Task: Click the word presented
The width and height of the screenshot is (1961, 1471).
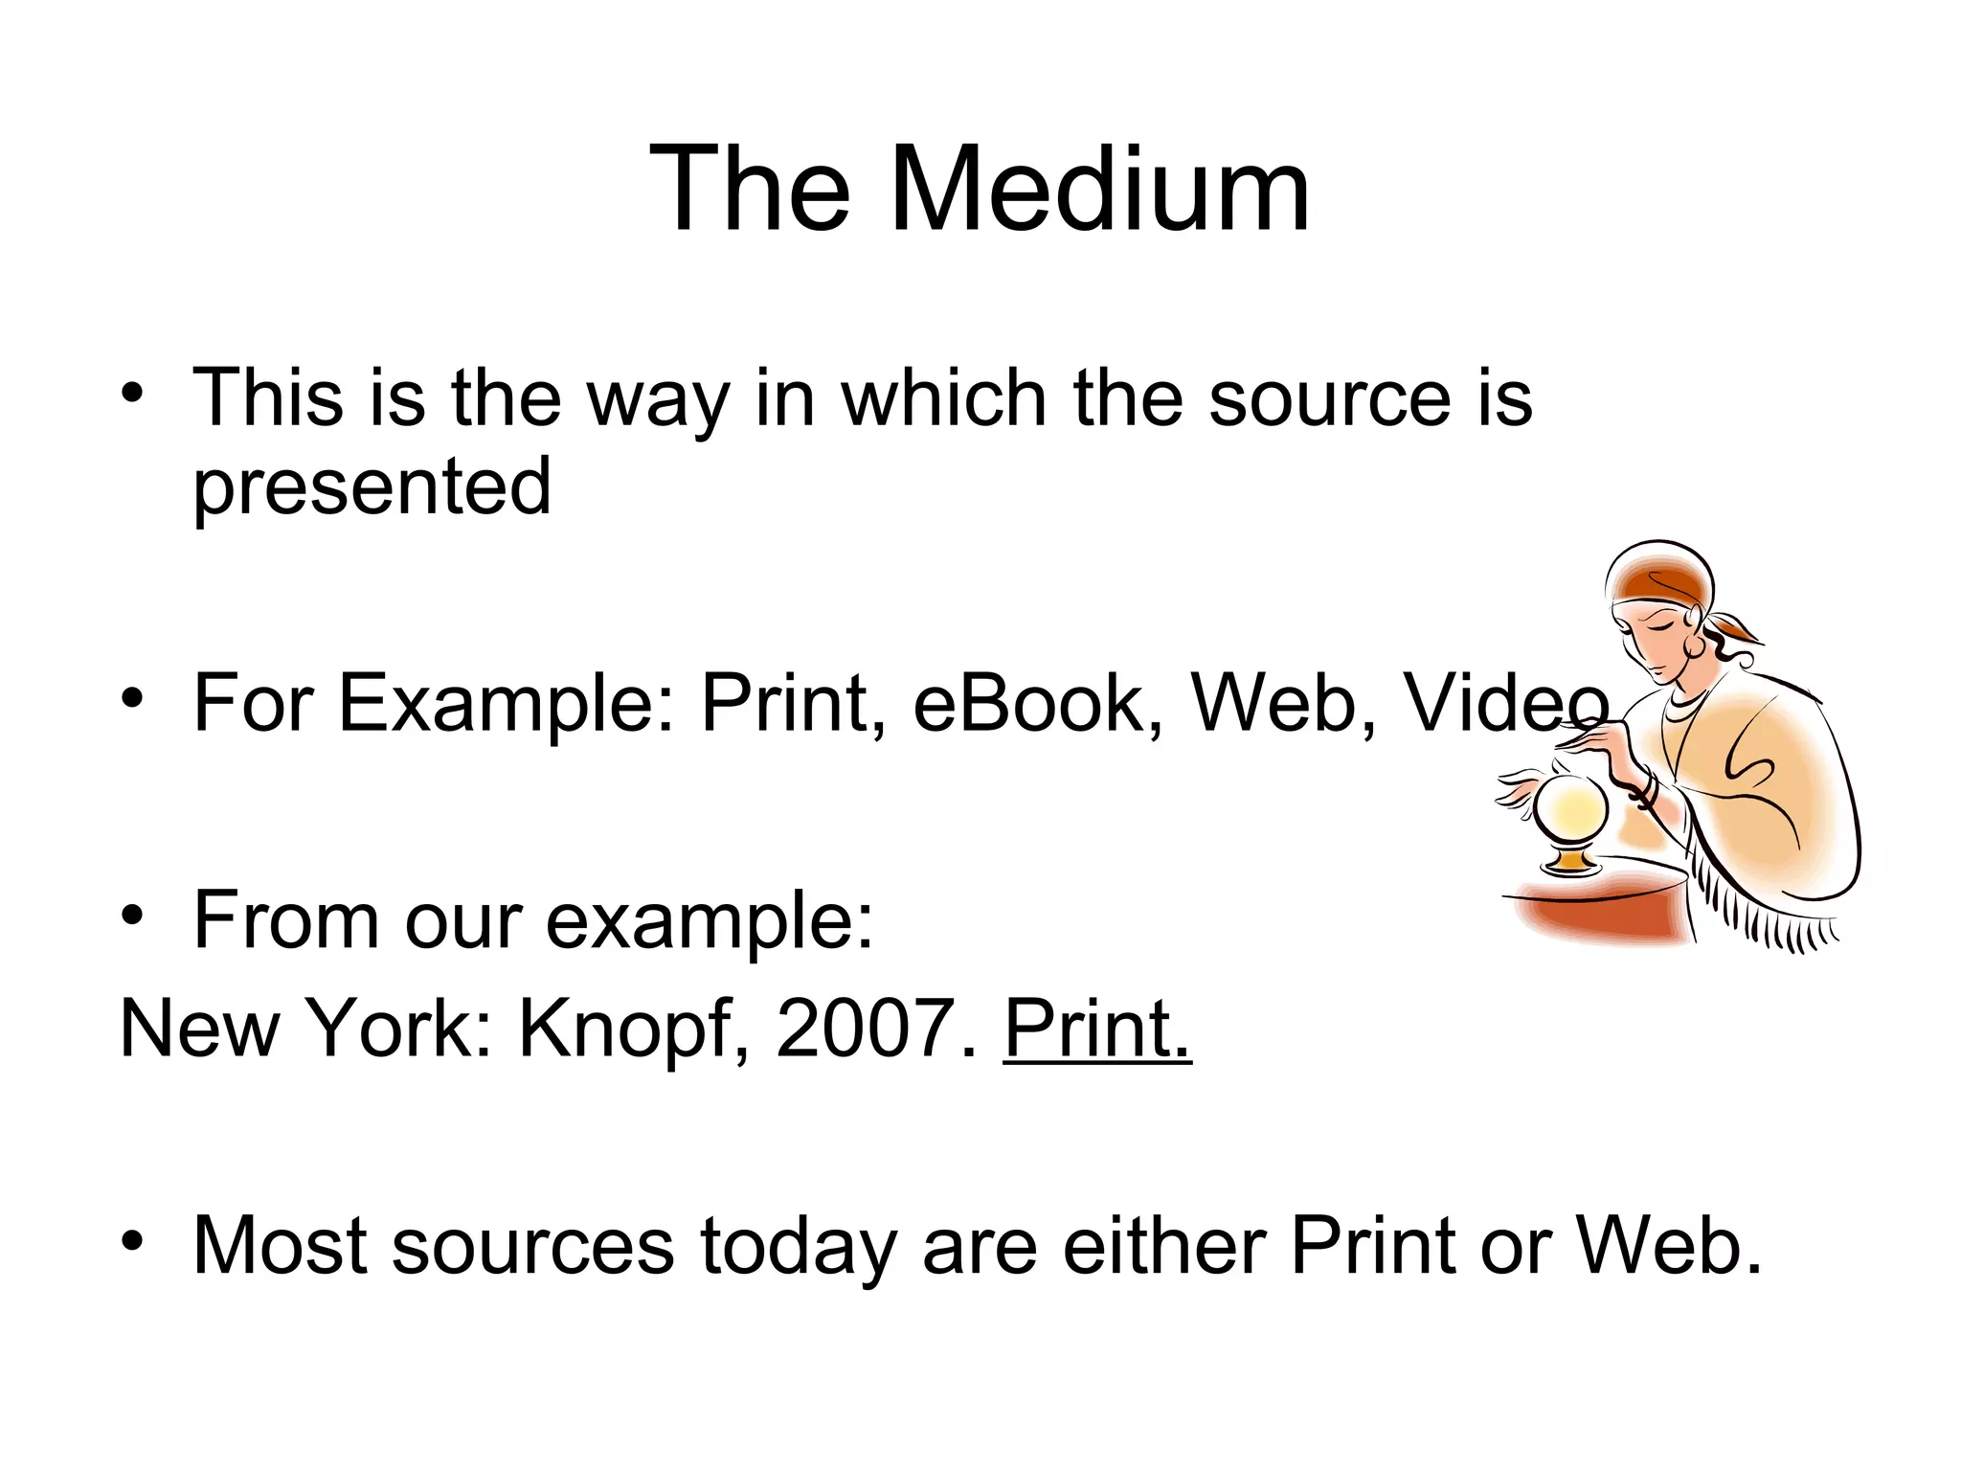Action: click(x=372, y=487)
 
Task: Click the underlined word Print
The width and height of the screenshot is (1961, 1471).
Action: click(x=1097, y=1030)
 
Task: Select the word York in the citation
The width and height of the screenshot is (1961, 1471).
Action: click(x=399, y=1030)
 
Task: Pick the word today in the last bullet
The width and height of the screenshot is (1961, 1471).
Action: click(x=799, y=1246)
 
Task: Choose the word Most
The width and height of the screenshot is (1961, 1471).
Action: click(x=280, y=1246)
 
